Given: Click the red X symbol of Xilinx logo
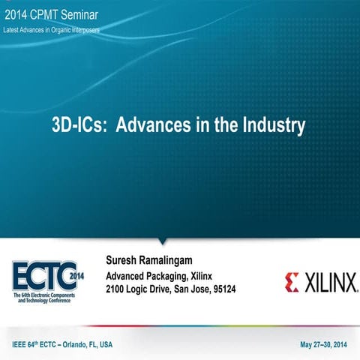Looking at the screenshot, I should pos(292,282).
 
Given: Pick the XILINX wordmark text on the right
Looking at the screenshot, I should pos(328,283).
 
